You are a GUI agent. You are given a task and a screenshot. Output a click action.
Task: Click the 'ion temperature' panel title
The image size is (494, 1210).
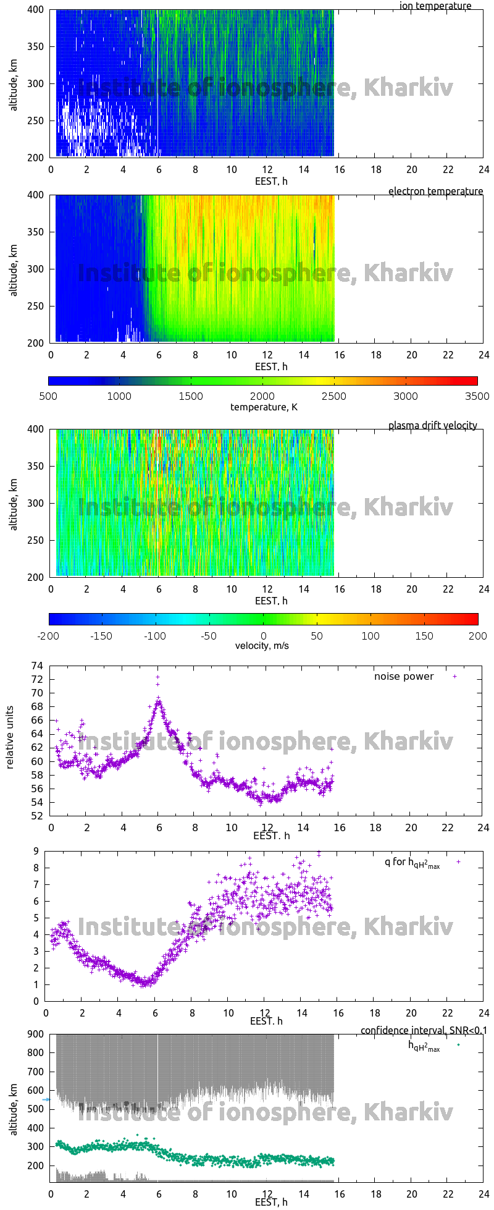pyautogui.click(x=435, y=6)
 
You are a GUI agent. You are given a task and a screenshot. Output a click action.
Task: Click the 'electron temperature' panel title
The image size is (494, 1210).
pyautogui.click(x=435, y=192)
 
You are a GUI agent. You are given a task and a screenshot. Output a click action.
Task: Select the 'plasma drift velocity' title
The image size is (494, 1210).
pyautogui.click(x=432, y=426)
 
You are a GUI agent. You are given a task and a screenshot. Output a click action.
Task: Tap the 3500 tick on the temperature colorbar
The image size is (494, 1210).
pyautogui.click(x=477, y=396)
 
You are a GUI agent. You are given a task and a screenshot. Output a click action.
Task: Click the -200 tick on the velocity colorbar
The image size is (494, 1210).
pyautogui.click(x=49, y=636)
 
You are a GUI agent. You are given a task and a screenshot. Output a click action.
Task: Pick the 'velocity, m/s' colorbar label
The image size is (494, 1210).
pyautogui.click(x=262, y=646)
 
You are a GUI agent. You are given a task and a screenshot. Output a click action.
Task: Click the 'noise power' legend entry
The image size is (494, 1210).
pyautogui.click(x=404, y=677)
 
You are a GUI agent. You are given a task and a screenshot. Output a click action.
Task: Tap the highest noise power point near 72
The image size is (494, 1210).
pyautogui.click(x=157, y=677)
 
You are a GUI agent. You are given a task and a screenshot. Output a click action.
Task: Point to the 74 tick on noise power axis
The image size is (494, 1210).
pyautogui.click(x=37, y=666)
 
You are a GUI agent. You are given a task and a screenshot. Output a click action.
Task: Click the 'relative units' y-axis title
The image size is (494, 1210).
pyautogui.click(x=10, y=741)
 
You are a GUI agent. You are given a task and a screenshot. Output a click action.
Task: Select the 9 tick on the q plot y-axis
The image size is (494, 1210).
pyautogui.click(x=36, y=852)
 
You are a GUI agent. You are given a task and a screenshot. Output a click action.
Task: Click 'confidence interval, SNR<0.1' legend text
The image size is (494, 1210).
pyautogui.click(x=424, y=1031)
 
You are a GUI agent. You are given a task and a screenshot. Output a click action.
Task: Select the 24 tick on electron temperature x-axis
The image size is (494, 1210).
pyautogui.click(x=484, y=355)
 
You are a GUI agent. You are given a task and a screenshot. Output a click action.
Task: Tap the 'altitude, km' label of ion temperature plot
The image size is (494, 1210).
pyautogui.click(x=14, y=83)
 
